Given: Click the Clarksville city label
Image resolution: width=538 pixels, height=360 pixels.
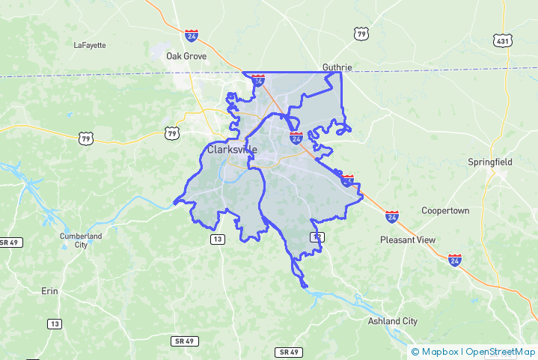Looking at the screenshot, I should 232,149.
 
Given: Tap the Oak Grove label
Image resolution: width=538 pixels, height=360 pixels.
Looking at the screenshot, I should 186,56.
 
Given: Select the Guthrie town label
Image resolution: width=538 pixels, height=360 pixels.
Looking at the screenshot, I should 337,67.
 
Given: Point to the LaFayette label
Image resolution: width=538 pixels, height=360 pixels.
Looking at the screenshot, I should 90,45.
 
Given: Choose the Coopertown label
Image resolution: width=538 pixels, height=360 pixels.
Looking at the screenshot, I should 445,210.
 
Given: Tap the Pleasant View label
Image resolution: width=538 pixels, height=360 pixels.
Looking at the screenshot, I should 408,240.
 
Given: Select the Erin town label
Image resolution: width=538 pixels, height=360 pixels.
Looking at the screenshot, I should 50,290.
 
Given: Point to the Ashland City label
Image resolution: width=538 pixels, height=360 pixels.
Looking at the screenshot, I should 393,321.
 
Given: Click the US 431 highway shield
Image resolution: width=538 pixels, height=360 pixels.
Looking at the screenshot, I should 502,40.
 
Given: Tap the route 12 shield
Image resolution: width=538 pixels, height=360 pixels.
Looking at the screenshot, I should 317,237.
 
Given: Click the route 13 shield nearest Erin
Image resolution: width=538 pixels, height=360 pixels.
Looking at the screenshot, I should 55,323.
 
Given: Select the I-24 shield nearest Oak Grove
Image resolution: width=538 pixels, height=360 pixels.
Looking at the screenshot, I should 192,35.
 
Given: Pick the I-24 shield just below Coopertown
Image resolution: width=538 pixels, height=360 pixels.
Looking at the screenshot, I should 392,216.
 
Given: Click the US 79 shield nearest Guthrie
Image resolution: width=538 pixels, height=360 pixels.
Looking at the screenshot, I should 362,34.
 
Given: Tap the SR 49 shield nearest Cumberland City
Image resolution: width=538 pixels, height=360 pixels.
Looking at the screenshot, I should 10,242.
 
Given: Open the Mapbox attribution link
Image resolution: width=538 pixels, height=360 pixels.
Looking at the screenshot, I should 438,351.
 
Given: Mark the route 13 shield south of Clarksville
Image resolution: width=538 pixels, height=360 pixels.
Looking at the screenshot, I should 218,239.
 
